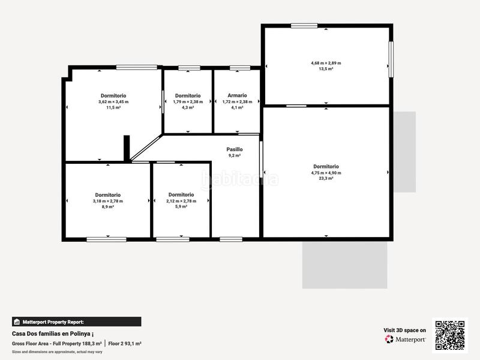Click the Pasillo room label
[235, 149]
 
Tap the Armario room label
[237, 95]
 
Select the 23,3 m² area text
[326, 178]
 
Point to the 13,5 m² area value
[326, 69]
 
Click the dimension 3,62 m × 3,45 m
[113, 101]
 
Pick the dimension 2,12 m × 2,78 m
[181, 200]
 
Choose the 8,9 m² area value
[107, 206]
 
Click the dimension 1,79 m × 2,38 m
[188, 101]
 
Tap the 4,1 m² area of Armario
[237, 107]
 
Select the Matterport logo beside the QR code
[406, 339]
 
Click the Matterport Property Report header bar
[77, 322]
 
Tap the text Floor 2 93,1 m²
[125, 343]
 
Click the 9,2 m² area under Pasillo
[235, 155]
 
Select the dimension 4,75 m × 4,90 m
[326, 173]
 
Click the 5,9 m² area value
[181, 206]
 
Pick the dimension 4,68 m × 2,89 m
[326, 63]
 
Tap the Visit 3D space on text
[405, 330]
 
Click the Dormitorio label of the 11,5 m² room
[113, 95]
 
